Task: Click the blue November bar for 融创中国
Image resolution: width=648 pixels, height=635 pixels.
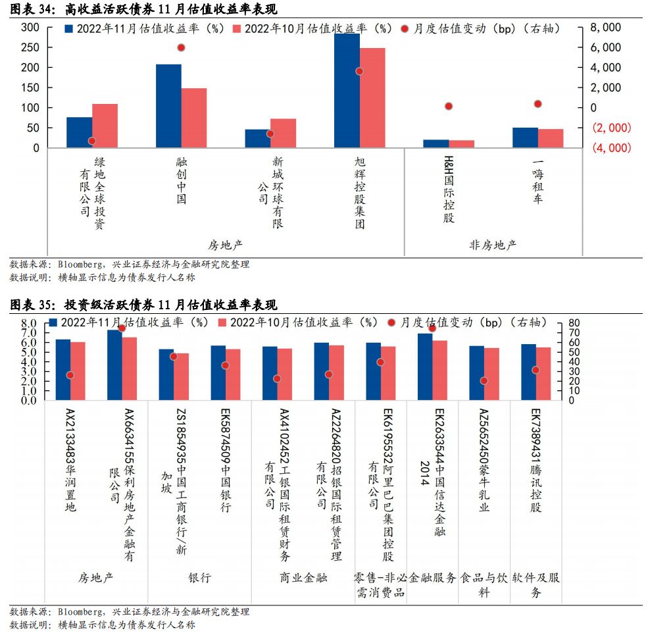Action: coord(168,106)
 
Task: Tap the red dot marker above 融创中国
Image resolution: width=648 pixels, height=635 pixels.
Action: coord(182,47)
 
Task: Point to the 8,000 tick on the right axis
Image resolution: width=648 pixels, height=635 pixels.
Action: coord(606,28)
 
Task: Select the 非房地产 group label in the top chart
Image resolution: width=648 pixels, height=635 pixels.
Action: coord(493,245)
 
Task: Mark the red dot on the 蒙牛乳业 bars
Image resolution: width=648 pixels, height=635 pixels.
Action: coord(484,380)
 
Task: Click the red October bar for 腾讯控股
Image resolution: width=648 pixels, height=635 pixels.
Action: coord(543,373)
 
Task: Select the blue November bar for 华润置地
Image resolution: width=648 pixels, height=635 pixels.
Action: coord(62,369)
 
